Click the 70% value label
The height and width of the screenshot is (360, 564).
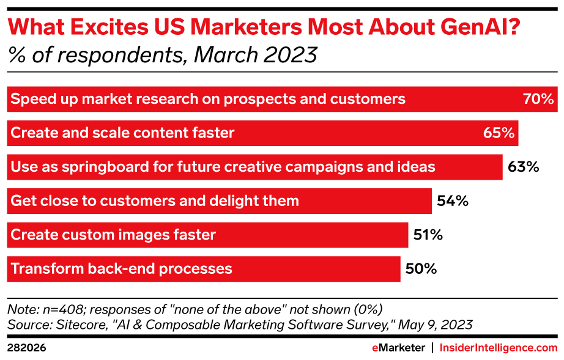coord(538,99)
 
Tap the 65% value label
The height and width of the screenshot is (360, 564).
coord(499,133)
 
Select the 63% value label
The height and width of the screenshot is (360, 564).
coord(523,166)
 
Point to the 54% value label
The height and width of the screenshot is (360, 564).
coord(453,200)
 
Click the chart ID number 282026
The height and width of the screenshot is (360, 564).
coord(26,347)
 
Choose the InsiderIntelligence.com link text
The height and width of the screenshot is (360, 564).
coord(499,347)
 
